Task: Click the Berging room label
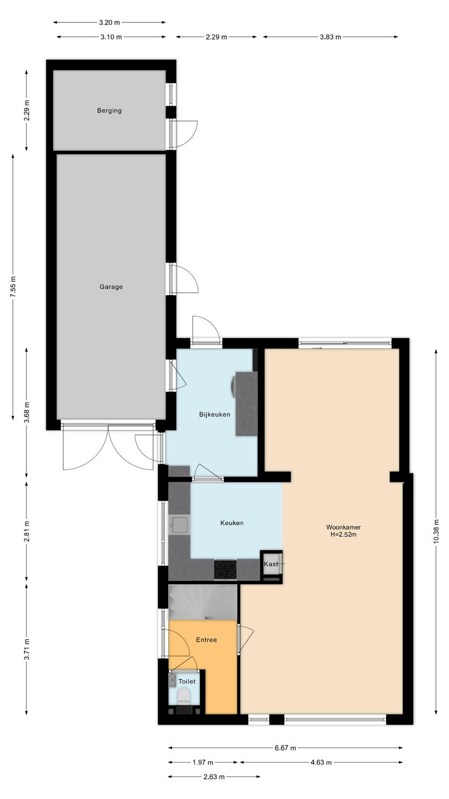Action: pyautogui.click(x=109, y=110)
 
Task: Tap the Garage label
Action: pyautogui.click(x=111, y=287)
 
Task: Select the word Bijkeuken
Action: pyautogui.click(x=215, y=414)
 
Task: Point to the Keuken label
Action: pyautogui.click(x=232, y=523)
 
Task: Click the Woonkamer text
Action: pyautogui.click(x=344, y=527)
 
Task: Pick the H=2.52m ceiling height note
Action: pyautogui.click(x=344, y=534)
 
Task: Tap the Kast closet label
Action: pyautogui.click(x=271, y=564)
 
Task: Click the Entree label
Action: pyautogui.click(x=207, y=640)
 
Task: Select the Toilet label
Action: pyautogui.click(x=187, y=682)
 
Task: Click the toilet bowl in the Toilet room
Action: pyautogui.click(x=184, y=696)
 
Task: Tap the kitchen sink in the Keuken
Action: pyautogui.click(x=180, y=525)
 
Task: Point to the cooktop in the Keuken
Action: pyautogui.click(x=225, y=570)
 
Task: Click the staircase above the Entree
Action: pyautogui.click(x=203, y=602)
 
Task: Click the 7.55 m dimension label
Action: pyautogui.click(x=13, y=287)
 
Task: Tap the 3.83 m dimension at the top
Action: pyautogui.click(x=330, y=37)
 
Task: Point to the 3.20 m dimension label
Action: pyautogui.click(x=109, y=22)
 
